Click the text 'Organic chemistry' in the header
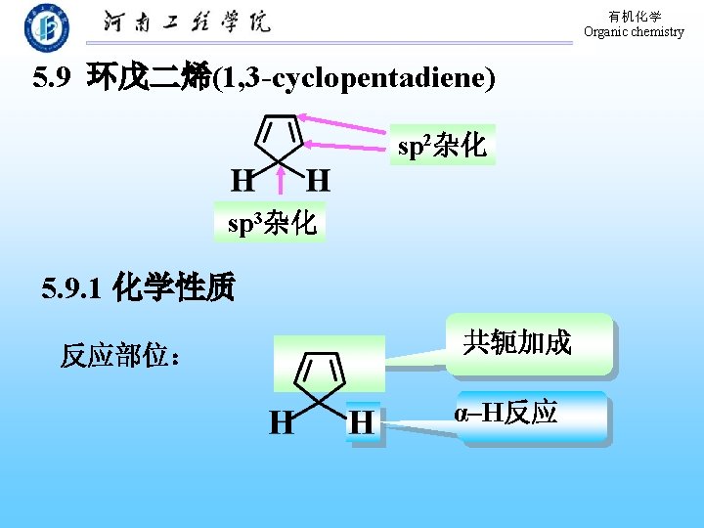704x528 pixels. pos(634,31)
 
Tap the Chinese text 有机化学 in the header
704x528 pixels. pos(635,17)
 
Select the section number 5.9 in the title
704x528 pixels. pos(51,78)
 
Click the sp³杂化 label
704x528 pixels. pos(271,223)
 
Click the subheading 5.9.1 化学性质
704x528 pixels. pos(138,288)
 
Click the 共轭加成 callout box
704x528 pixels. pos(529,344)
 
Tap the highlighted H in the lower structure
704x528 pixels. pos(362,422)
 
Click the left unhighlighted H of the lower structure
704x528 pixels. pos(282,422)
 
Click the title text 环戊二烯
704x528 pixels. pos(149,78)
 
